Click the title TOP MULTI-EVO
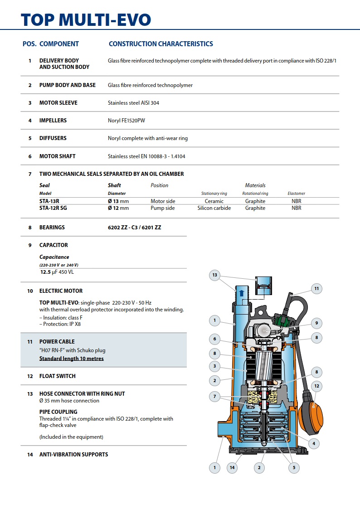pyautogui.click(x=86, y=19)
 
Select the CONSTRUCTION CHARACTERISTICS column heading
pyautogui.click(x=161, y=44)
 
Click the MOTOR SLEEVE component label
pyautogui.click(x=58, y=103)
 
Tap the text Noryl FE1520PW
pyautogui.click(x=126, y=121)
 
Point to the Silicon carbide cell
pyautogui.click(x=214, y=208)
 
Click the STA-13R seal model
pyautogui.click(x=50, y=201)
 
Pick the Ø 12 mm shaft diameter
pyautogui.click(x=118, y=208)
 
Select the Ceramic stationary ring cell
pyautogui.click(x=214, y=201)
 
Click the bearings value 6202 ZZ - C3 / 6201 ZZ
pyautogui.click(x=134, y=228)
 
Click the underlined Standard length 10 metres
pyautogui.click(x=71, y=359)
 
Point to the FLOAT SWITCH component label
pyautogui.click(x=57, y=376)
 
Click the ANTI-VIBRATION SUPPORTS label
pyautogui.click(x=73, y=454)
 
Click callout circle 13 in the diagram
pyautogui.click(x=214, y=275)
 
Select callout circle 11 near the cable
pyautogui.click(x=316, y=288)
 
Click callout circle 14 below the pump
pyautogui.click(x=232, y=467)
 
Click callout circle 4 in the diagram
pyautogui.click(x=313, y=443)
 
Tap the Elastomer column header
pyautogui.click(x=297, y=194)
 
